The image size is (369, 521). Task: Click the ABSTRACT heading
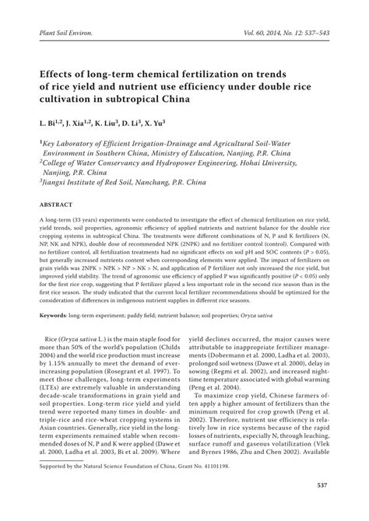coord(51,204)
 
